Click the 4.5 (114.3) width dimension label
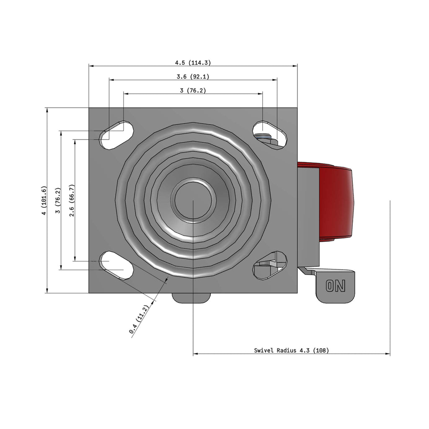[x=193, y=63]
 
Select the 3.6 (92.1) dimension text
[x=193, y=77]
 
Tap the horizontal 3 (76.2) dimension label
[x=193, y=90]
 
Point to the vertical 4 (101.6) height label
[x=44, y=201]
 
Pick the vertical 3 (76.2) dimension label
[x=58, y=201]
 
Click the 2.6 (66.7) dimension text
[x=72, y=201]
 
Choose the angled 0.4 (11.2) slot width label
[x=139, y=319]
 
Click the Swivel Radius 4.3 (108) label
[x=292, y=350]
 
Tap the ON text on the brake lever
[x=336, y=286]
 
